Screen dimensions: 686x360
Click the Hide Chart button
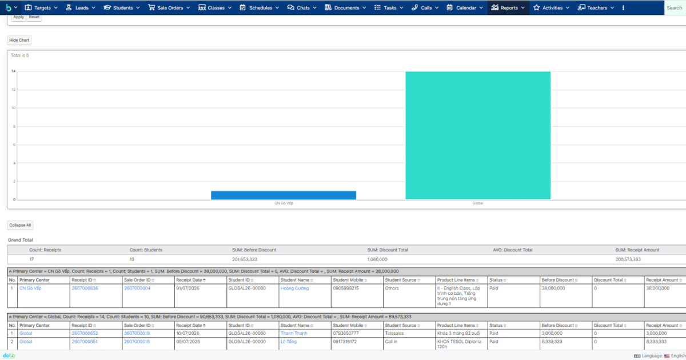pos(19,40)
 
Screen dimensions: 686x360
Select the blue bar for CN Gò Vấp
pos(284,195)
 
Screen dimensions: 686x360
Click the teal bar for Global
pos(478,135)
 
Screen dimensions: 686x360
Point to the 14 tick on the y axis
pos(14,71)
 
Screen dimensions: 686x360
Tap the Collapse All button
pos(20,225)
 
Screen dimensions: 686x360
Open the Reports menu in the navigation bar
pos(508,7)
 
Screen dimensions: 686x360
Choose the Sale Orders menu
pos(169,7)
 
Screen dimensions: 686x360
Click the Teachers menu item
pos(596,7)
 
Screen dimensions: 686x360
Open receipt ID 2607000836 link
pos(85,288)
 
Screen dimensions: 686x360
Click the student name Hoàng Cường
pos(294,288)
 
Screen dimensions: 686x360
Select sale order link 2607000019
pos(137,333)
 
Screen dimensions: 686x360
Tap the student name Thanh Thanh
pos(294,333)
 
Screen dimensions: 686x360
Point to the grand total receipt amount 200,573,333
pos(628,259)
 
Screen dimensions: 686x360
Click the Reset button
pos(34,17)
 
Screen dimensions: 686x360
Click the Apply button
pos(18,17)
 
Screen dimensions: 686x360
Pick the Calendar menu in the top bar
pos(465,7)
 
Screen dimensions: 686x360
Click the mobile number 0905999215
pos(346,288)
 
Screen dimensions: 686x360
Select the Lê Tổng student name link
pos(289,341)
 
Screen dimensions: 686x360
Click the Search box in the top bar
pos(675,7)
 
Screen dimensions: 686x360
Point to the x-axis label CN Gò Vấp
pos(284,203)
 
